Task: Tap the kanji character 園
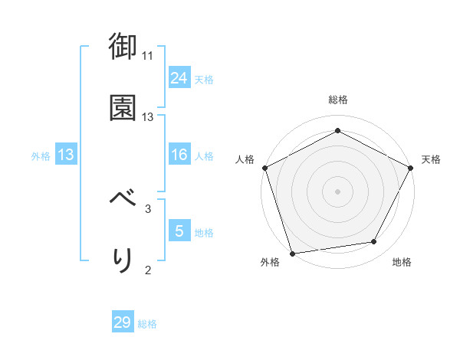point(123,107)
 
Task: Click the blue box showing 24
point(179,78)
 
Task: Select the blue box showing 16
point(179,155)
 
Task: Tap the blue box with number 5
point(179,231)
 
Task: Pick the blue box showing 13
point(66,155)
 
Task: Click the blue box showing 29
point(123,322)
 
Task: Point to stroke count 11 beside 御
point(147,56)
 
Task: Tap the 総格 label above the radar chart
point(337,100)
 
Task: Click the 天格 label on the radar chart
point(431,159)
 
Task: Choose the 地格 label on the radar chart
point(402,263)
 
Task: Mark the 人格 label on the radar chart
point(245,159)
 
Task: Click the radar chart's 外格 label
point(270,263)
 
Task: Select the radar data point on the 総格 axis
point(337,131)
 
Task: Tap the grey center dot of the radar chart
point(337,191)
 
